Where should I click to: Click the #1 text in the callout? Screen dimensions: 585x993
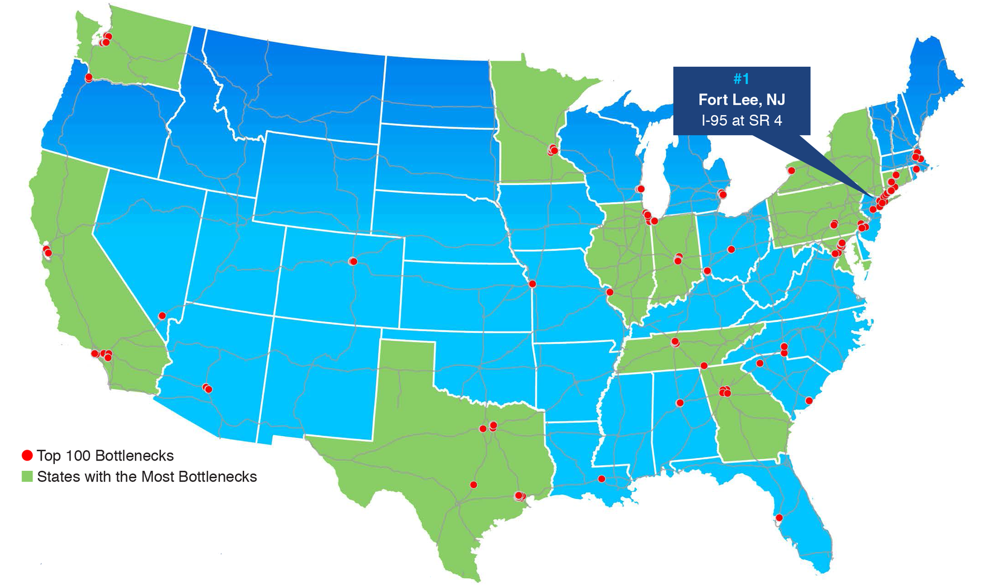coord(741,79)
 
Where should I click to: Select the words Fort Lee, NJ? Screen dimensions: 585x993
coord(741,99)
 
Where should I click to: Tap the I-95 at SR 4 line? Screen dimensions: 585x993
coord(741,120)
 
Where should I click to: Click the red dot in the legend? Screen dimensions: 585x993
coord(27,455)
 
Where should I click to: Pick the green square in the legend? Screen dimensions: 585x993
coord(27,476)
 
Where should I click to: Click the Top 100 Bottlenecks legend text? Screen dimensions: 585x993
coord(105,455)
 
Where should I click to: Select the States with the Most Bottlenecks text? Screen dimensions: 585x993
coord(147,476)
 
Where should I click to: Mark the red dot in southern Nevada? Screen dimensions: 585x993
coord(162,316)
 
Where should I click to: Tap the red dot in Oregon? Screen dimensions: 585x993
coord(88,78)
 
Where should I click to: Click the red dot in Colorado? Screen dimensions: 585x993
coord(353,261)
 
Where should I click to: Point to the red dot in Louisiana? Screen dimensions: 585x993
coord(601,479)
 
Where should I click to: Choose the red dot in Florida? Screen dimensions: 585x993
coord(779,517)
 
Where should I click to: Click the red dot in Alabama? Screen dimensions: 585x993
coord(680,403)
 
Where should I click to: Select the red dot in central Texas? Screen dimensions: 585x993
coord(473,485)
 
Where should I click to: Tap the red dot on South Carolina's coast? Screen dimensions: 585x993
coord(809,401)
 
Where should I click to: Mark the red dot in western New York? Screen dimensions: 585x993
coord(791,171)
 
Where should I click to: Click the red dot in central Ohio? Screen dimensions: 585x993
coord(731,250)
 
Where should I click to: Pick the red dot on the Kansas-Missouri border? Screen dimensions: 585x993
coord(532,284)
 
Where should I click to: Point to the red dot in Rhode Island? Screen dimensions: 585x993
coord(916,169)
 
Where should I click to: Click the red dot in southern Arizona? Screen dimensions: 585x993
coord(208,389)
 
